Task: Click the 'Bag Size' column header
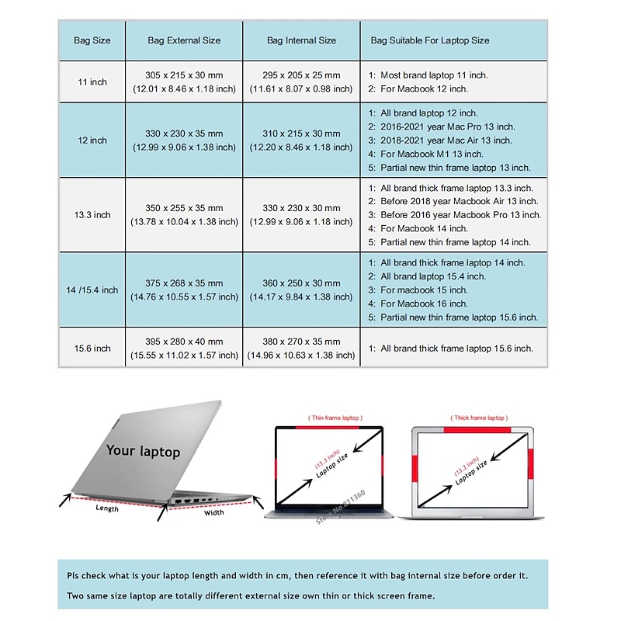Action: (x=92, y=40)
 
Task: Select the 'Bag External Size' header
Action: (x=184, y=40)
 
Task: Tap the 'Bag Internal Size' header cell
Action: (x=301, y=40)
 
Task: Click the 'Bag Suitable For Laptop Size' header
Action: (x=429, y=40)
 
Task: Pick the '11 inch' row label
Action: (x=92, y=82)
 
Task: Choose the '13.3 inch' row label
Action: (x=92, y=215)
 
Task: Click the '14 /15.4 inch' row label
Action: (x=92, y=290)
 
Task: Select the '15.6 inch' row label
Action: (x=92, y=349)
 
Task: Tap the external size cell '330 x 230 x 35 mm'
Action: (x=184, y=134)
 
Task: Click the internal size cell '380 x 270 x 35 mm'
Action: (x=301, y=342)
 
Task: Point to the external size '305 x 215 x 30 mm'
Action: (x=184, y=75)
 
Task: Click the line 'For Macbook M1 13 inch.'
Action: (x=432, y=154)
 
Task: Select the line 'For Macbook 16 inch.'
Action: (x=424, y=304)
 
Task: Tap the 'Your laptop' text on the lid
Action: (x=143, y=450)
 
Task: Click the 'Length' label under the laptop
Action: (x=107, y=508)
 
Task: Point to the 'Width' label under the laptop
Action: (x=213, y=512)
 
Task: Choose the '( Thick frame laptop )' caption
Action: (x=481, y=418)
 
